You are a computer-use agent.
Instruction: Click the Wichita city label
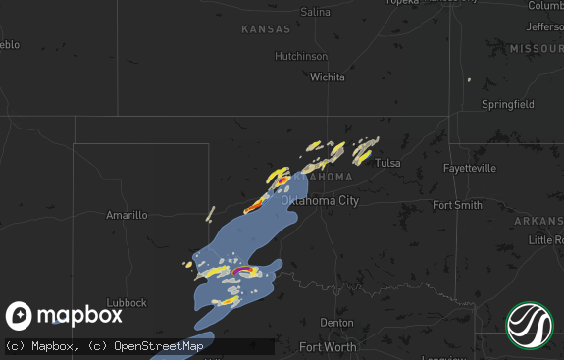328,77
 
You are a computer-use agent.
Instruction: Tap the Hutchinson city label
300,56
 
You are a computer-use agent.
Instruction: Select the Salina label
315,12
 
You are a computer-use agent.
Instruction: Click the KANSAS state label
266,30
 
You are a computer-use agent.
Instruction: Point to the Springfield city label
507,103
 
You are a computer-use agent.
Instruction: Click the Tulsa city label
387,163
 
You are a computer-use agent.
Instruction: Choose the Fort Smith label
457,205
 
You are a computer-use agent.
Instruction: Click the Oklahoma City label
320,200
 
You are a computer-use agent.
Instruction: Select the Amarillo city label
127,214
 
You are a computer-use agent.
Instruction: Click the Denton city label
336,322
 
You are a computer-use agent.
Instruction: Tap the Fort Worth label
329,347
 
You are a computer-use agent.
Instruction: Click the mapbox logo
65,315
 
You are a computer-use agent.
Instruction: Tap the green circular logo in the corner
529,325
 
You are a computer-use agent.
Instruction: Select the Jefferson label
545,26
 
